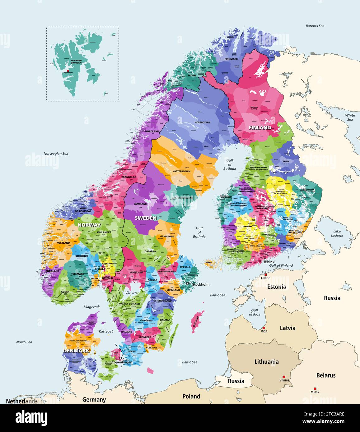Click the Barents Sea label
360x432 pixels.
pos(315,26)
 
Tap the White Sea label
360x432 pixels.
pos(350,117)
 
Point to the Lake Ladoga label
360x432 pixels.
pos(337,233)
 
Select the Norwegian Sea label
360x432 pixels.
pos(56,154)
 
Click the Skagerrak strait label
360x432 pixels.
pos(91,307)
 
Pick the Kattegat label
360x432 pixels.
pos(106,331)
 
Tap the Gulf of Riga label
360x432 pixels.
pos(255,312)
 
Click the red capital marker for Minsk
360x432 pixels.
pos(315,389)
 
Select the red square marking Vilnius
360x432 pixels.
pos(283,377)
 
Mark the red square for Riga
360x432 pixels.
pos(264,328)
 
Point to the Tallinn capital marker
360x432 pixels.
pos(266,275)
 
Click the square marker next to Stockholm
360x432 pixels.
pos(188,284)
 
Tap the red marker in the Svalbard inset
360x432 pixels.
pos(68,71)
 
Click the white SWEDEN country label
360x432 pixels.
pos(146,218)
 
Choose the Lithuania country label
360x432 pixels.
pos(266,361)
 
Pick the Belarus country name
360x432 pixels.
pos(326,375)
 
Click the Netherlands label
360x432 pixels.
pos(22,401)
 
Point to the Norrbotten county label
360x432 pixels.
pos(202,122)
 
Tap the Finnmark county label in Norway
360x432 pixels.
pos(231,59)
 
